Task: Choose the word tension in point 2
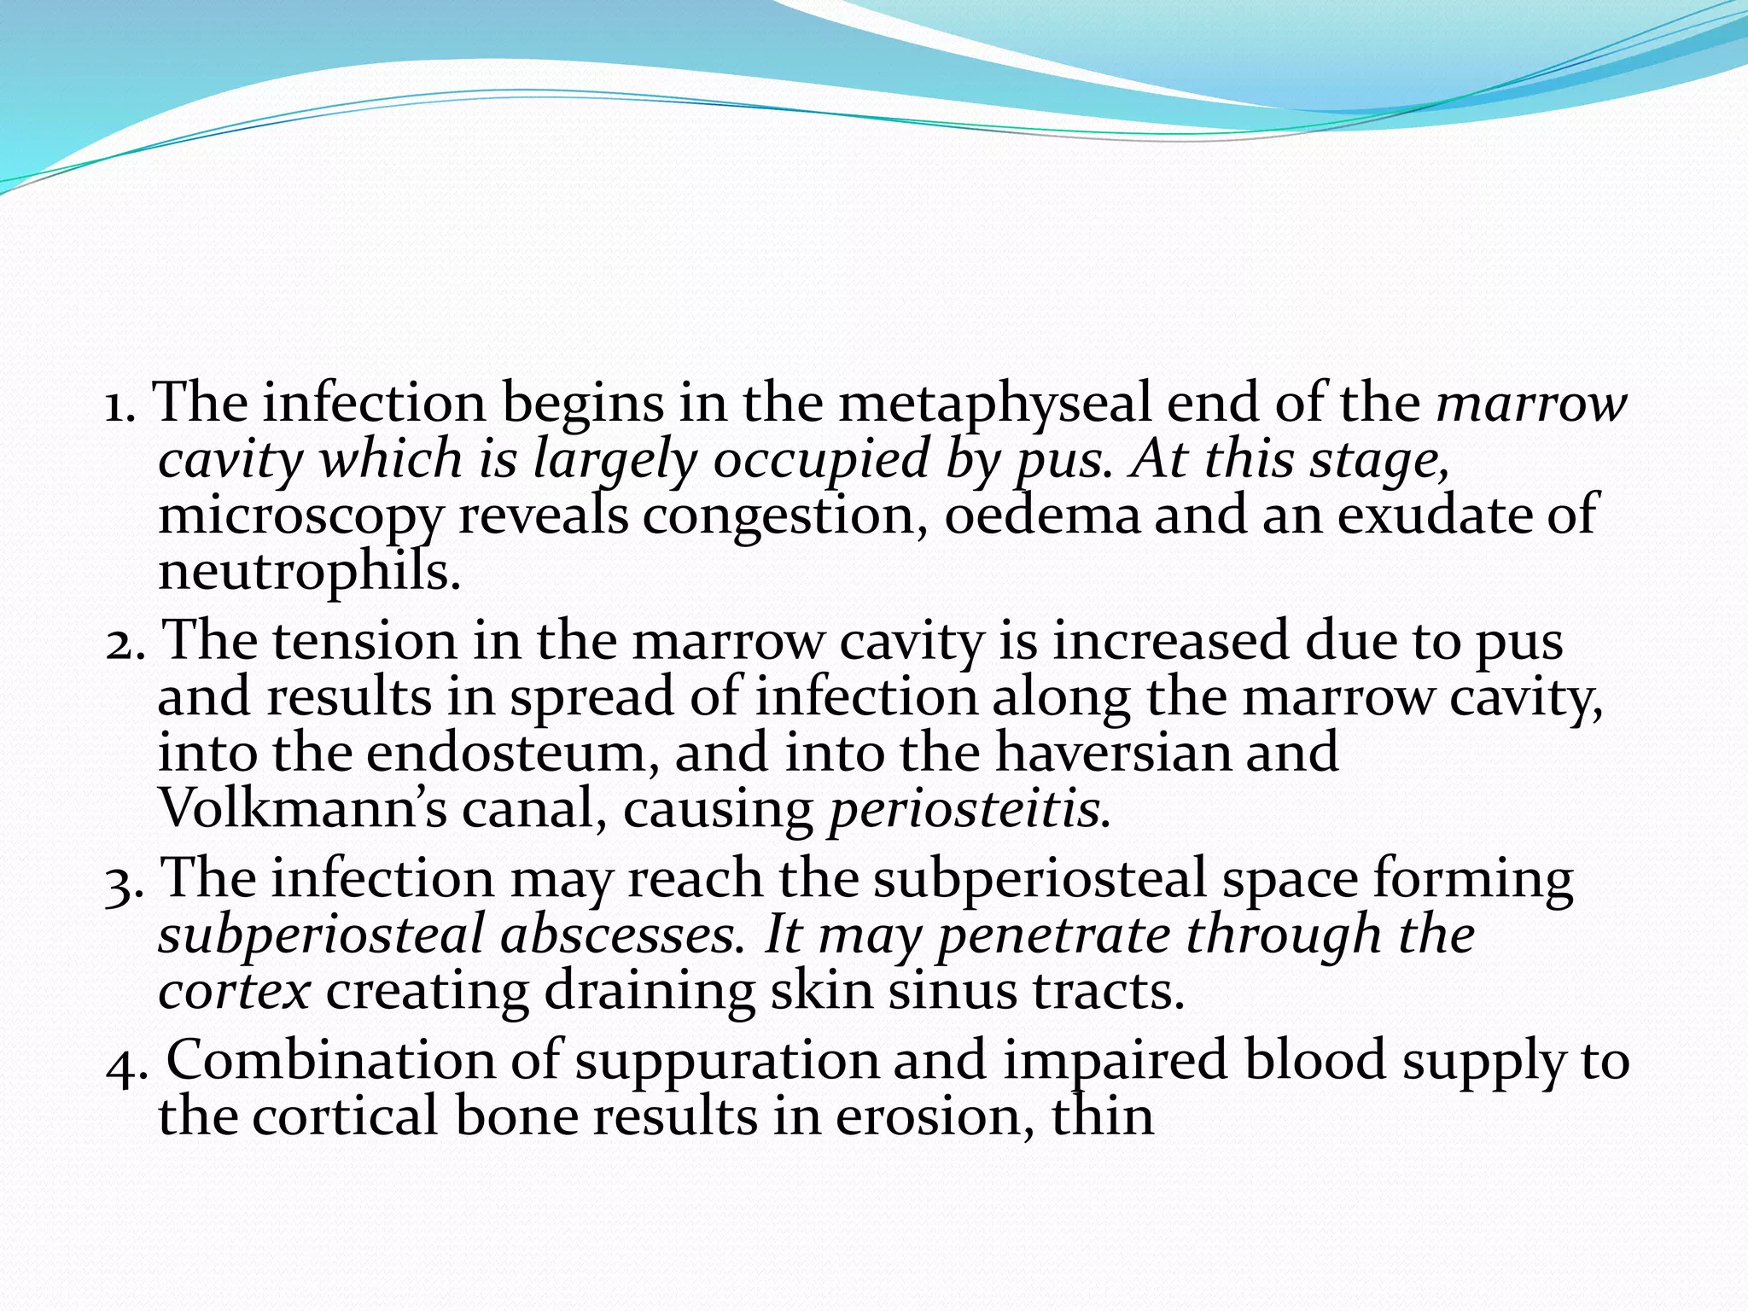coord(364,640)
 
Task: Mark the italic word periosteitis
coord(969,809)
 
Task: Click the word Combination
coord(362,1060)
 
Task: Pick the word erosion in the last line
coord(928,1116)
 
